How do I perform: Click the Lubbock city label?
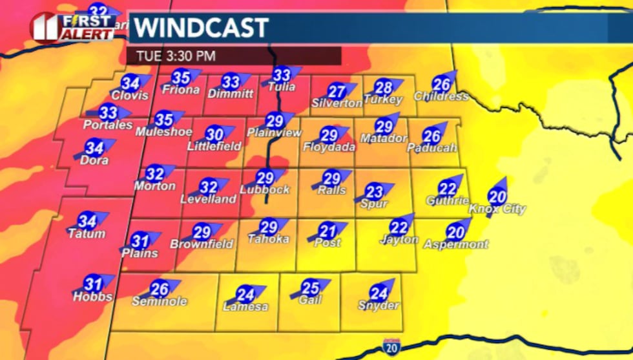click(265, 190)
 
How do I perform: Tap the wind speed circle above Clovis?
click(130, 83)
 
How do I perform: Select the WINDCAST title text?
click(200, 28)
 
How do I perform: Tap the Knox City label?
click(497, 209)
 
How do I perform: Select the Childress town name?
click(441, 96)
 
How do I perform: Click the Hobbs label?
click(93, 297)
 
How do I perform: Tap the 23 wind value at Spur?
click(375, 192)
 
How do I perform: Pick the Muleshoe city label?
click(164, 132)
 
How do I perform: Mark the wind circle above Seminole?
click(160, 289)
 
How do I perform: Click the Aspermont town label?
click(455, 244)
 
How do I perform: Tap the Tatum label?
click(87, 233)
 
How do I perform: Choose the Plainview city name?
click(275, 132)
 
